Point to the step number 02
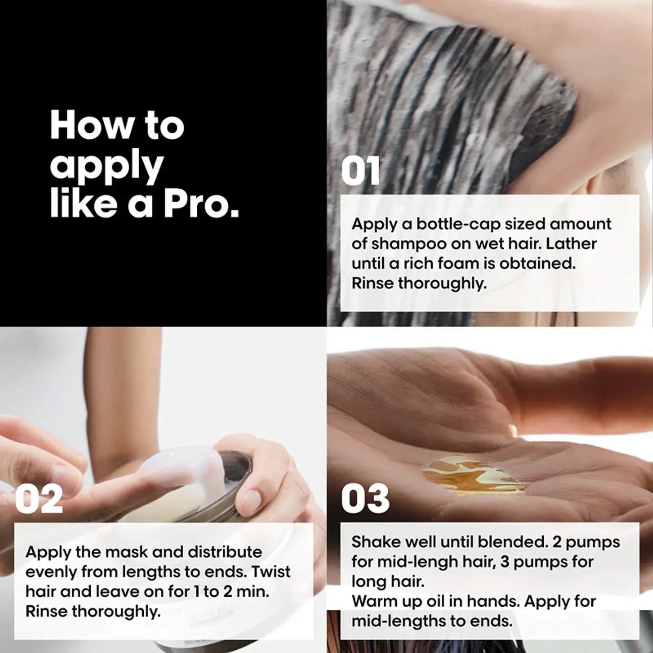point(39,498)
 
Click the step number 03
point(365,498)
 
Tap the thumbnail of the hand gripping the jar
point(252,498)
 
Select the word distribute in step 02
point(224,552)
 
